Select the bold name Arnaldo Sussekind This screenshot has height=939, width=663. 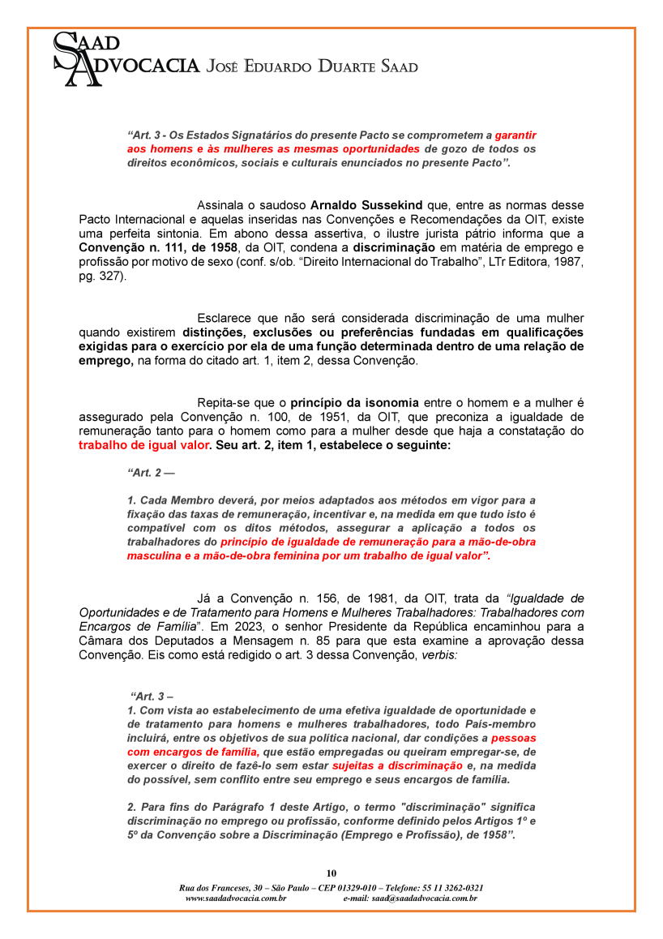tap(360, 206)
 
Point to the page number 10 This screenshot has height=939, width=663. tap(331, 873)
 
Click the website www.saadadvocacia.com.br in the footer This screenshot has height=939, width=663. tap(236, 898)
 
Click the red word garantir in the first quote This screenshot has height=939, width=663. tap(515, 135)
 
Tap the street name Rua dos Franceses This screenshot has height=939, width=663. tap(214, 888)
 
